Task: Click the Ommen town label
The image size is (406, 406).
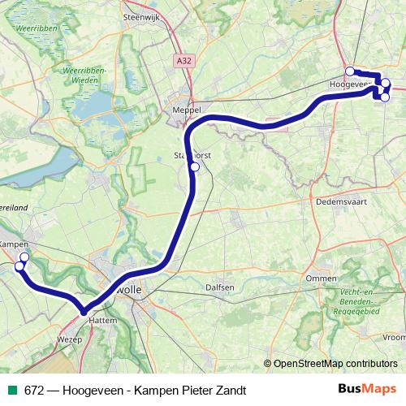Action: click(x=321, y=279)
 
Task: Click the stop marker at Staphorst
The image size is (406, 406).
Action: click(x=195, y=167)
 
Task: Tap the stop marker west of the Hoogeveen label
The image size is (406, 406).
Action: click(x=349, y=71)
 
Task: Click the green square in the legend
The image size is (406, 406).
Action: click(x=11, y=390)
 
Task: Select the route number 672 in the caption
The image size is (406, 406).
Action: click(x=34, y=390)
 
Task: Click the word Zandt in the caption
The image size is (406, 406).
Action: click(x=229, y=390)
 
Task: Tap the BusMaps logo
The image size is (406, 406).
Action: click(x=367, y=389)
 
